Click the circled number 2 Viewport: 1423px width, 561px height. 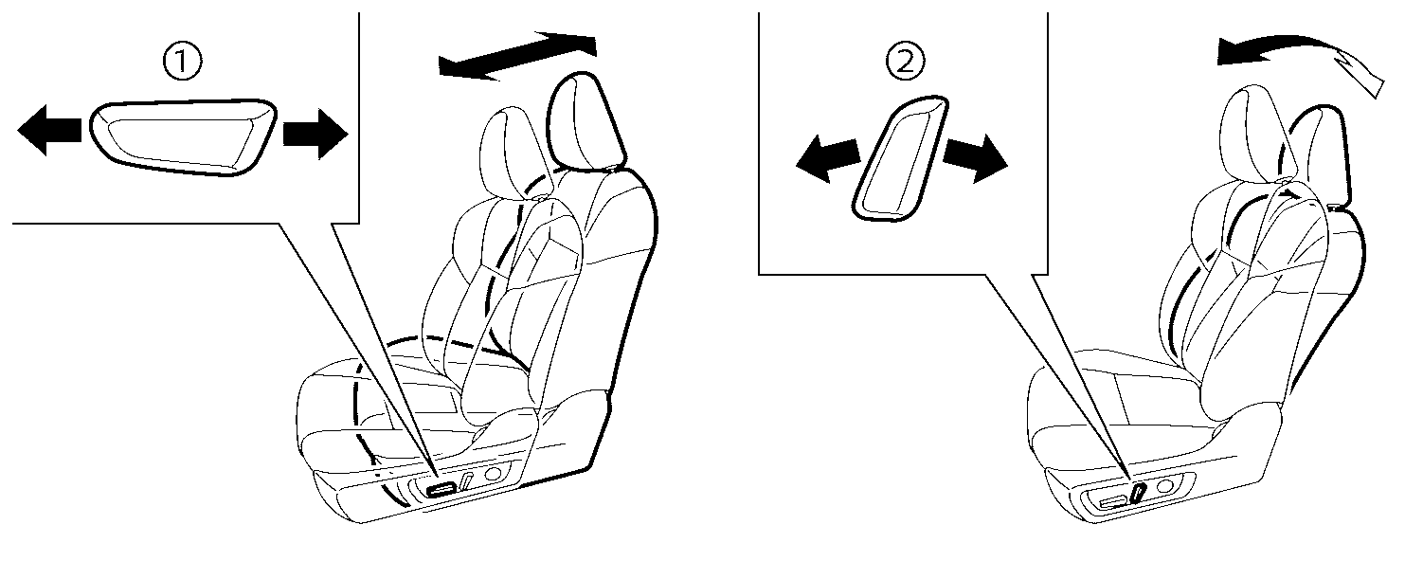tap(906, 62)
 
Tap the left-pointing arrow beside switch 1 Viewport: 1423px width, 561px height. tap(49, 130)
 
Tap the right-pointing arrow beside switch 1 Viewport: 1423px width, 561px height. tap(315, 134)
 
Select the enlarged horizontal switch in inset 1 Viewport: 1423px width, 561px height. tap(183, 136)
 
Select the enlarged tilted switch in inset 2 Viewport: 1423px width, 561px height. tap(900, 159)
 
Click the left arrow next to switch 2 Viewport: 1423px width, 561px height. tap(828, 157)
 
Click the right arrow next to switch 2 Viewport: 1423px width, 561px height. tap(975, 157)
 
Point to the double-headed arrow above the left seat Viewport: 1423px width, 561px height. tap(517, 56)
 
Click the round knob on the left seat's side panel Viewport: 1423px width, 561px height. tap(493, 473)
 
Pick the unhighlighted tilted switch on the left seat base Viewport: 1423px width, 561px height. tap(467, 481)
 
